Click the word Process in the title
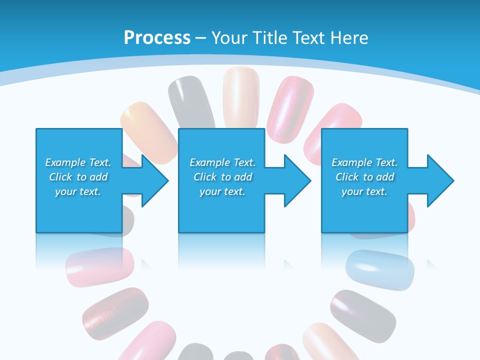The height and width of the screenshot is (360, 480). click(157, 37)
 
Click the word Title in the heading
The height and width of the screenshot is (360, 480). click(270, 38)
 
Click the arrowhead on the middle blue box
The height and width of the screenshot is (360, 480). click(296, 180)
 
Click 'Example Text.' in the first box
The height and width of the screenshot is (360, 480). click(78, 162)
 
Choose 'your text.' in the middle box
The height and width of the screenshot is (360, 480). click(222, 191)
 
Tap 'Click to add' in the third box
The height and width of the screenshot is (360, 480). click(365, 177)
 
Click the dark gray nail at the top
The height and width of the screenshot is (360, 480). click(190, 100)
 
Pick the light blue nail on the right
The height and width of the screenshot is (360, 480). click(380, 269)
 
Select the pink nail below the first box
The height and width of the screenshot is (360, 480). click(100, 266)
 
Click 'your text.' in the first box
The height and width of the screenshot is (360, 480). click(78, 191)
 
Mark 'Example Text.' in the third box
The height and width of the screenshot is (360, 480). click(364, 162)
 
